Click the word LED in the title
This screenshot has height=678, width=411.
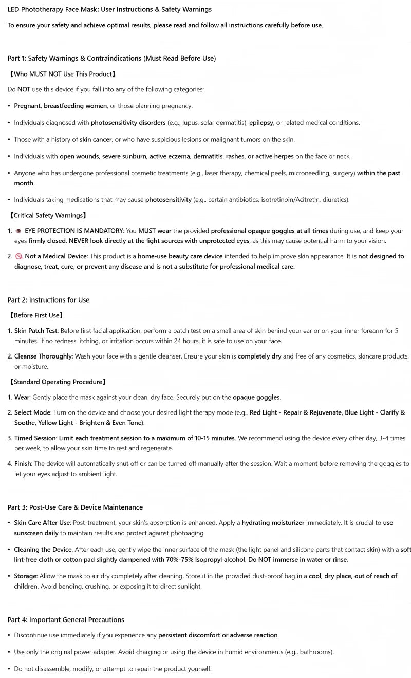pyautogui.click(x=13, y=9)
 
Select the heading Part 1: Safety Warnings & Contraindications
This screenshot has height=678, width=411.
pyautogui.click(x=111, y=58)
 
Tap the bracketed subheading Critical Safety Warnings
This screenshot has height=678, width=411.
pyautogui.click(x=48, y=215)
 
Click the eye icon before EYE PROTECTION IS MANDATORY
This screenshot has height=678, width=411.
pyautogui.click(x=18, y=231)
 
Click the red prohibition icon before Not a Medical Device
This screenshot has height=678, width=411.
pyautogui.click(x=18, y=256)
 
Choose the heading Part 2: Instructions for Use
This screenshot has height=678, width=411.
pyautogui.click(x=48, y=300)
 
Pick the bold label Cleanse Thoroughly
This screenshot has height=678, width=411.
pyautogui.click(x=43, y=356)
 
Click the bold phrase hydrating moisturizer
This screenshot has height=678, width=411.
pyautogui.click(x=273, y=523)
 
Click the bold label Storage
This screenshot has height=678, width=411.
pyautogui.click(x=25, y=576)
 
